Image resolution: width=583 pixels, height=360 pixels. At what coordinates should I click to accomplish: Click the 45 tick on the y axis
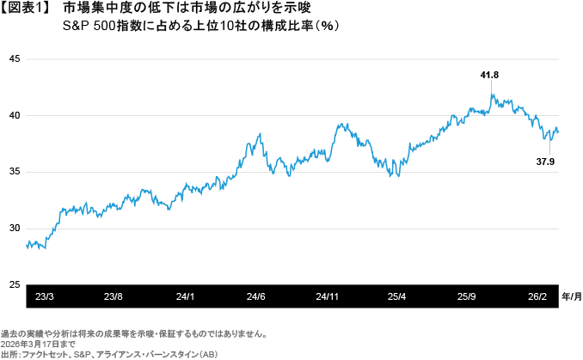(13, 59)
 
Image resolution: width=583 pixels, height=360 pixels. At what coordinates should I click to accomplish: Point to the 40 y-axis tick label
(13, 115)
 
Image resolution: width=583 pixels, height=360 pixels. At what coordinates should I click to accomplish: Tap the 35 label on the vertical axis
(13, 172)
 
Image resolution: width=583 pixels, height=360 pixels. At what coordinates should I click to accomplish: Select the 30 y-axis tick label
(13, 229)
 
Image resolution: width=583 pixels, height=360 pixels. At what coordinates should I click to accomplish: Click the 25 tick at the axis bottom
(13, 284)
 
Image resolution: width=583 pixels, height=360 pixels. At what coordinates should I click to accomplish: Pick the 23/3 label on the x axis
(45, 296)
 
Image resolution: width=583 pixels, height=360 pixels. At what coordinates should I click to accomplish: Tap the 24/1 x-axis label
(185, 296)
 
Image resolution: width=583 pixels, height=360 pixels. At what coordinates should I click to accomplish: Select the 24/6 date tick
(255, 296)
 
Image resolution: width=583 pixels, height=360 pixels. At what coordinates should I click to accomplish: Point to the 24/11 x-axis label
(326, 296)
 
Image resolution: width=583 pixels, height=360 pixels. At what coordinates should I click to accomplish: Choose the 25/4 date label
(396, 296)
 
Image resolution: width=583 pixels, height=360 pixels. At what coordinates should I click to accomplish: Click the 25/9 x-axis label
(467, 296)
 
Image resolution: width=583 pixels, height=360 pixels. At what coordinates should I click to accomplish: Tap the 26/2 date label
(537, 296)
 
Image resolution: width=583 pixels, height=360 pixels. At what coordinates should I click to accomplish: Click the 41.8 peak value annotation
(489, 76)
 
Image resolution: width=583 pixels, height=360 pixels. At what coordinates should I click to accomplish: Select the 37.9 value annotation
(546, 161)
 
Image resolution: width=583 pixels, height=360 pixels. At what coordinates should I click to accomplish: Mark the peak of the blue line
(492, 94)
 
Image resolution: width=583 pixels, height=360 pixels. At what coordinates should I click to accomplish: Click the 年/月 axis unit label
(571, 296)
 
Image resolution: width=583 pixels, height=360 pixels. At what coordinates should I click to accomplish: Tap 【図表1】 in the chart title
(28, 9)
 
